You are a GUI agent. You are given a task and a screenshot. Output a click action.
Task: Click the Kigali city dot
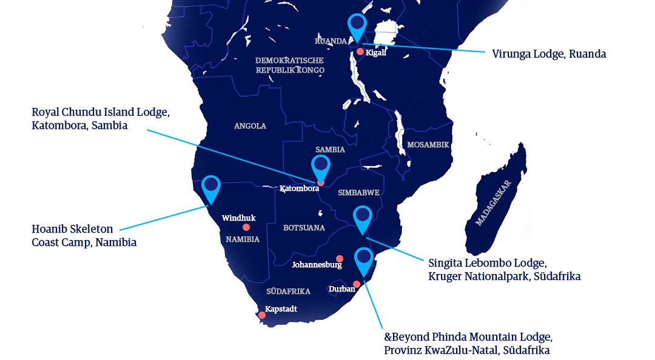click(360, 52)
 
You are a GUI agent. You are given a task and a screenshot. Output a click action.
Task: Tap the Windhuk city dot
click(246, 227)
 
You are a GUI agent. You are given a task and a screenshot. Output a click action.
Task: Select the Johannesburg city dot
click(339, 258)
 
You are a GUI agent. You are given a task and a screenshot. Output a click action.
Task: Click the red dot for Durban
click(357, 284)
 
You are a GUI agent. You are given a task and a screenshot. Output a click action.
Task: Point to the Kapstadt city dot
click(262, 315)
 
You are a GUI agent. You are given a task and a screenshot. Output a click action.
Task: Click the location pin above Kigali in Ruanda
click(357, 25)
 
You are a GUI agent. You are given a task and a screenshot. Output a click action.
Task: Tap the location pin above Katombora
click(320, 167)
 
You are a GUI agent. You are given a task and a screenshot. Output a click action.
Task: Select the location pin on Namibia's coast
click(210, 187)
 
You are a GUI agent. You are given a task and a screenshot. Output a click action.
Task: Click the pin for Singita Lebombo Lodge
click(362, 218)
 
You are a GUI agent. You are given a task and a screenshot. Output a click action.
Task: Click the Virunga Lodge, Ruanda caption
click(549, 54)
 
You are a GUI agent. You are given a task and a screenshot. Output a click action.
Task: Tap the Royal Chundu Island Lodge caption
click(101, 119)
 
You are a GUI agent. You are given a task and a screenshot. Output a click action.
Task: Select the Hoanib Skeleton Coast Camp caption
click(84, 236)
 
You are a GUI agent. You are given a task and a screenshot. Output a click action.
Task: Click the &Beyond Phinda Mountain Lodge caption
click(468, 343)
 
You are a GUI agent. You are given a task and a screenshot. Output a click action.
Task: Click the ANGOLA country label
click(250, 126)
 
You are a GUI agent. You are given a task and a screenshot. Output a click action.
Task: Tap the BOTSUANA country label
click(304, 228)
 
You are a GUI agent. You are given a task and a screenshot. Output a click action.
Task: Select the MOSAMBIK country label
click(428, 145)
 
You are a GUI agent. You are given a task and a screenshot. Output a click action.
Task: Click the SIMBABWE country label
click(358, 192)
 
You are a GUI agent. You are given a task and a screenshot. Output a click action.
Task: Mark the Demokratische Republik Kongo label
click(289, 65)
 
